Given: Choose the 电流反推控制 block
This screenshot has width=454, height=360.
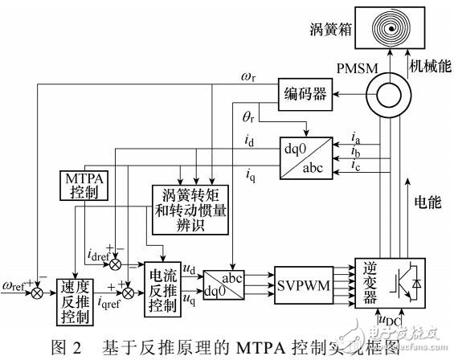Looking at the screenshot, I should pos(165,288).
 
